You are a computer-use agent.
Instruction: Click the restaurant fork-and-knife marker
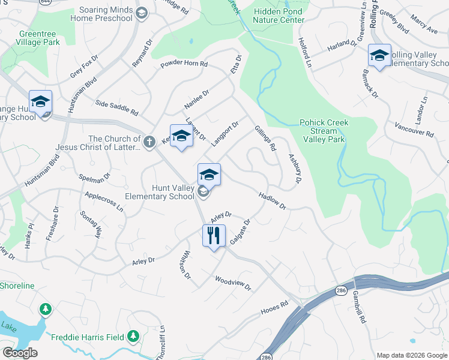click(x=214, y=236)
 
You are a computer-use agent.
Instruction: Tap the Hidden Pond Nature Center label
click(x=279, y=16)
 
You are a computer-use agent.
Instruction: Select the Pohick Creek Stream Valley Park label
click(x=322, y=131)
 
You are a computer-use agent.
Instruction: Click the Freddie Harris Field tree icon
click(x=134, y=337)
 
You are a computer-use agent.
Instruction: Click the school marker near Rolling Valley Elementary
click(x=379, y=55)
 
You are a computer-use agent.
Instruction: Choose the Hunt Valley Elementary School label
click(x=159, y=192)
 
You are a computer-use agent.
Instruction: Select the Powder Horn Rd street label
click(x=184, y=64)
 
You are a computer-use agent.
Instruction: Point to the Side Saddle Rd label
click(x=116, y=108)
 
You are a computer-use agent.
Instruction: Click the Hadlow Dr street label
click(x=272, y=200)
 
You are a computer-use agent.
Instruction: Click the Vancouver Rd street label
click(x=414, y=129)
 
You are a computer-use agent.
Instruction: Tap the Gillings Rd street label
click(x=265, y=138)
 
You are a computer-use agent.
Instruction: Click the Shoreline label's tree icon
click(x=45, y=309)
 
